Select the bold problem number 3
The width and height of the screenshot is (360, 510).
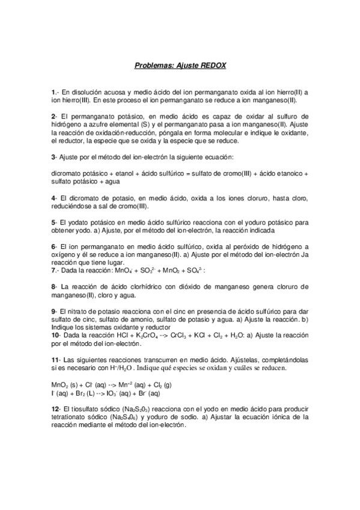53,158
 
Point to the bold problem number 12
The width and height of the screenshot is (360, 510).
55,409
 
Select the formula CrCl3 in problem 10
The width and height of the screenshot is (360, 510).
182,336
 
